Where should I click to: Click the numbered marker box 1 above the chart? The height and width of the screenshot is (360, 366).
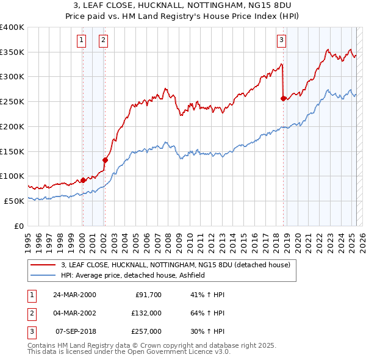click(82, 41)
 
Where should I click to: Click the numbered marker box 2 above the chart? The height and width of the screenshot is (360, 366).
click(104, 41)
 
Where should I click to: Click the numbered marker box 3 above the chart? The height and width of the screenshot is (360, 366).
click(281, 41)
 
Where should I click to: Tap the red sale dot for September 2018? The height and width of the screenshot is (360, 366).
click(283, 98)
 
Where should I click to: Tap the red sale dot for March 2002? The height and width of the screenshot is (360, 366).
click(105, 160)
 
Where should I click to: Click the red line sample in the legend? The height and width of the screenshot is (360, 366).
click(43, 265)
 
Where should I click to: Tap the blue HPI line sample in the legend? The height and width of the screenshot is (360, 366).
click(43, 275)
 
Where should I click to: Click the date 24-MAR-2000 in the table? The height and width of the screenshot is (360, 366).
click(74, 294)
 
